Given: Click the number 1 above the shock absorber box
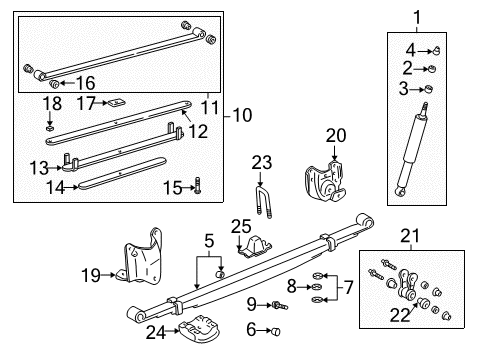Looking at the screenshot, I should [x=418, y=16].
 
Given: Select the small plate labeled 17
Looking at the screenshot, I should [x=117, y=102].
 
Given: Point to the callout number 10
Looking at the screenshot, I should [x=241, y=115].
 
